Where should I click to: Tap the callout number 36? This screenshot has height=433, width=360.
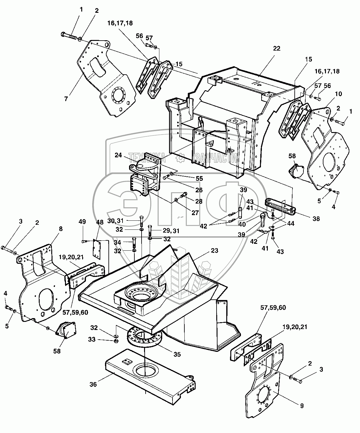click(x=93, y=385)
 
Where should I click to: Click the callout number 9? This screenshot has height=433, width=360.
click(x=302, y=406)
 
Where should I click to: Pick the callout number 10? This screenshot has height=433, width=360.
click(x=330, y=94)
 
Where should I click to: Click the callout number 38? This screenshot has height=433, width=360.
click(x=316, y=219)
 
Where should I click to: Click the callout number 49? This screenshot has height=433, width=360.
click(x=82, y=222)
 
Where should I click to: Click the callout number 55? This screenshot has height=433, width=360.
click(x=199, y=179)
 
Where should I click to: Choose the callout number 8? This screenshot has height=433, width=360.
click(x=60, y=229)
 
